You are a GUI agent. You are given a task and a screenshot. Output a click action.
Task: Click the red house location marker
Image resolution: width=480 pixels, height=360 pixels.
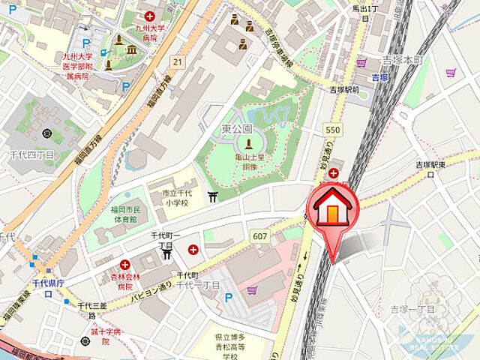tap(335, 210)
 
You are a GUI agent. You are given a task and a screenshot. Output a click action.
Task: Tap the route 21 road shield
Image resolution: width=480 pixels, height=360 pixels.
tap(176, 61)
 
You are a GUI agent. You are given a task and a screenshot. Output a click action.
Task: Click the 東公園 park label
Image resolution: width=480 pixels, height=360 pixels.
tap(236, 129)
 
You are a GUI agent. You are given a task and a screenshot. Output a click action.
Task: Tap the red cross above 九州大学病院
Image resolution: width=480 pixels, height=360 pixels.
tap(151, 16)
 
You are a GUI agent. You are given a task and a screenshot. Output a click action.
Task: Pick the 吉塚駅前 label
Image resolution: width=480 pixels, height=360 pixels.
tap(344, 89)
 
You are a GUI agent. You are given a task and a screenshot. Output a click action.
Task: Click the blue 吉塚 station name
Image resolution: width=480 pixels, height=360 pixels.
tap(379, 77)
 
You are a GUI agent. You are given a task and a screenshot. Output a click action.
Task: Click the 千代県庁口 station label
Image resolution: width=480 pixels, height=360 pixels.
tap(47, 289)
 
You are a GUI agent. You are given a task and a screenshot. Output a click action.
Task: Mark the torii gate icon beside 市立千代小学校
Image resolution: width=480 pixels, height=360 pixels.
tap(214, 197)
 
